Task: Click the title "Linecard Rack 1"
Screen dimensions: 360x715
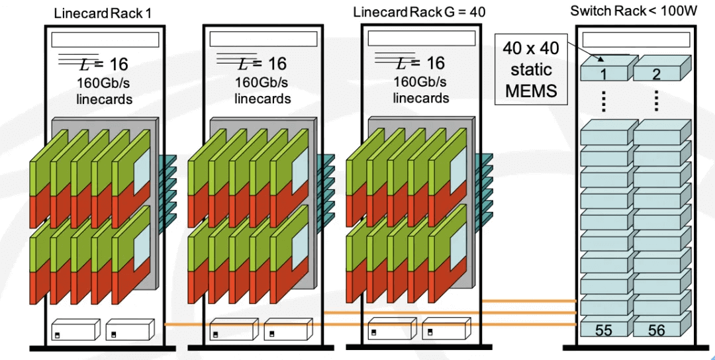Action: pos(102,13)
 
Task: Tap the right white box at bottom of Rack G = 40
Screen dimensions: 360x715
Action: pos(446,329)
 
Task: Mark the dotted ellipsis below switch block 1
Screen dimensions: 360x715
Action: pos(604,101)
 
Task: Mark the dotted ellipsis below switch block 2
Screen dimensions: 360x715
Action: pos(657,101)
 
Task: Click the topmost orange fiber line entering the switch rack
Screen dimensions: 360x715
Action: pos(530,301)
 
